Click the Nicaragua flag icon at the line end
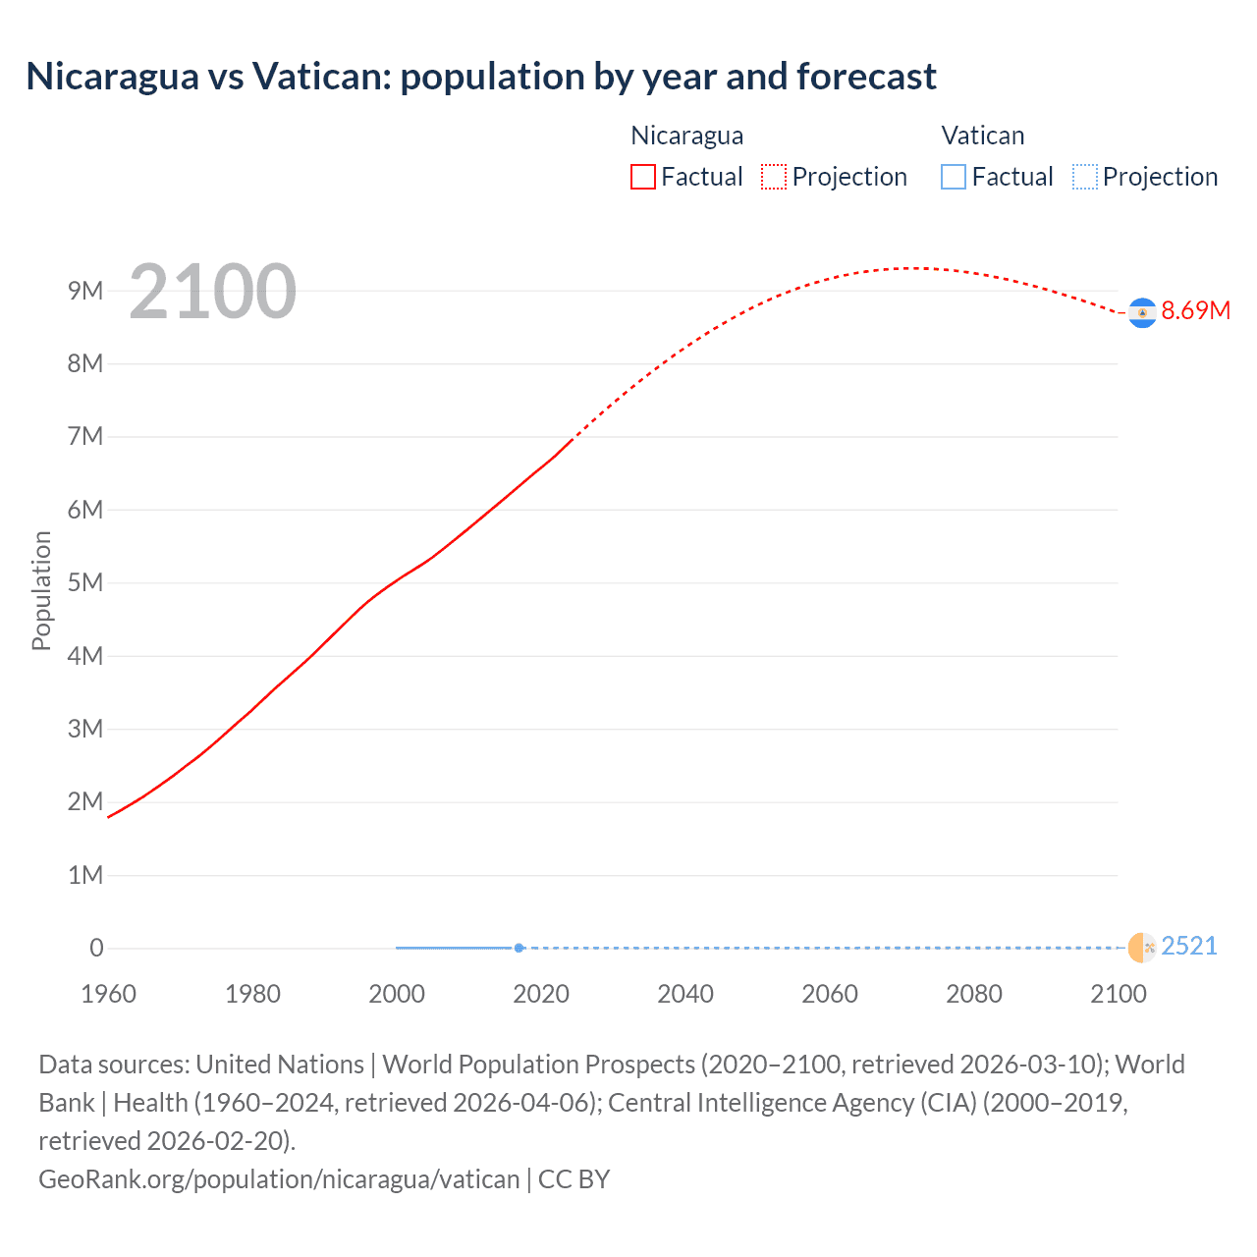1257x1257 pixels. (1142, 312)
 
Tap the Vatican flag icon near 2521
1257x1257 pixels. (1142, 947)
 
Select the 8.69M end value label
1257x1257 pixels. (1195, 311)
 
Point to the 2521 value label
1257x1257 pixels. (1188, 946)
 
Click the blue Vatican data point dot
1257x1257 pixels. (519, 948)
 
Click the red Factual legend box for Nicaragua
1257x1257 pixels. (643, 177)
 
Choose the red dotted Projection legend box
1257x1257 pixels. (774, 177)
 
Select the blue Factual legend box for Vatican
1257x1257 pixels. (954, 177)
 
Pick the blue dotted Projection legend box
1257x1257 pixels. (1084, 177)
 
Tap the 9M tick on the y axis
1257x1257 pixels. (85, 291)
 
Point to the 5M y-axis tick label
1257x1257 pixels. (85, 582)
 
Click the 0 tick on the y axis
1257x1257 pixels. (96, 948)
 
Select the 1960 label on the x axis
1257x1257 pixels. (109, 994)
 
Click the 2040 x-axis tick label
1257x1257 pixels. (685, 994)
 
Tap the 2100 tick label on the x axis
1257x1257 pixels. (1118, 994)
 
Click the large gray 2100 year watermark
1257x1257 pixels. (212, 292)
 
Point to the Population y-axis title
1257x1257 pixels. (41, 590)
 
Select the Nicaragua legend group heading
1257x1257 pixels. (686, 136)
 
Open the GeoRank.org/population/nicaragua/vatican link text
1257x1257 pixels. (279, 1178)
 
